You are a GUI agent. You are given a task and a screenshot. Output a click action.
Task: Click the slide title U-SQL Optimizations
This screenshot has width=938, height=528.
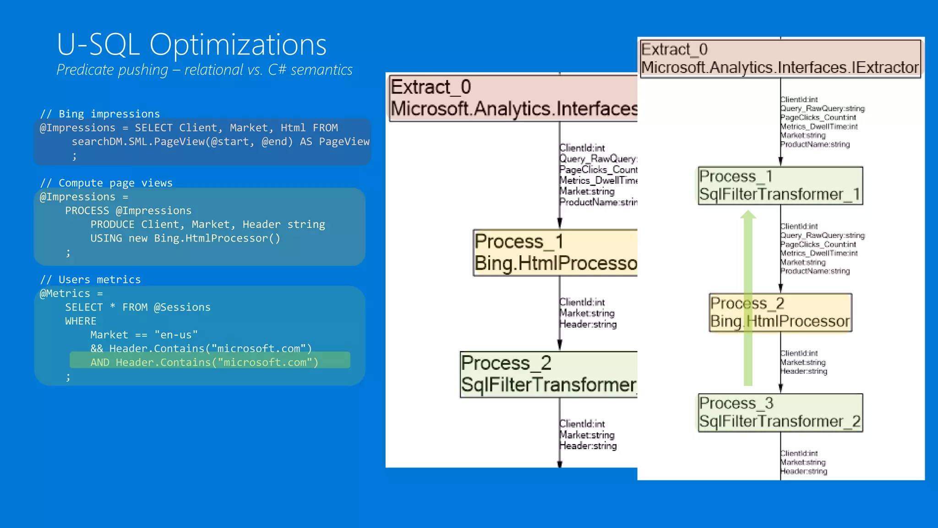191,45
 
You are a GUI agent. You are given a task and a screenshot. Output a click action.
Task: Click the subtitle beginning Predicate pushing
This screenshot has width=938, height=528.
204,70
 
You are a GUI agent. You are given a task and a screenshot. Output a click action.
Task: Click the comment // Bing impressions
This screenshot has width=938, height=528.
100,114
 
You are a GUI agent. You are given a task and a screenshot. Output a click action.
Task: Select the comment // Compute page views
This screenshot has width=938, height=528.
106,183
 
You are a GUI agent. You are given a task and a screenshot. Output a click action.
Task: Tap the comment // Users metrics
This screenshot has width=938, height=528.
90,280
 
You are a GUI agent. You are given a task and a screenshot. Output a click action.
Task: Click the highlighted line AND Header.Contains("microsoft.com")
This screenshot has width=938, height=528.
204,362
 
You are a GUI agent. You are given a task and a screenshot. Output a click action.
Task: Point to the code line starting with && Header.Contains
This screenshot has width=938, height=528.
201,348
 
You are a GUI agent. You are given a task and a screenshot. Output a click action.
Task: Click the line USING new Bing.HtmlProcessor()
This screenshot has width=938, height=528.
185,238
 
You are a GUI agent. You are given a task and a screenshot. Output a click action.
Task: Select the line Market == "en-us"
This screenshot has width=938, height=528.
144,335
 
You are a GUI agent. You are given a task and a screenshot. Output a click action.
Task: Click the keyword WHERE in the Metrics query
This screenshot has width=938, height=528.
81,321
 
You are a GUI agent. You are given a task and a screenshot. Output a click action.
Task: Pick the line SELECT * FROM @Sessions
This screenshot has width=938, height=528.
137,307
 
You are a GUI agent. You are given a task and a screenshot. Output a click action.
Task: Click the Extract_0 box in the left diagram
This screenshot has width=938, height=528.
513,98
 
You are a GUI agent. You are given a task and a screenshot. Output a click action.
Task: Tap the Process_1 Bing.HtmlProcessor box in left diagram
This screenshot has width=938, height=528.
555,253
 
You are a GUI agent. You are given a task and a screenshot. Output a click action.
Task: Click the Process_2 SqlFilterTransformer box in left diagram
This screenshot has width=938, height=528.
549,374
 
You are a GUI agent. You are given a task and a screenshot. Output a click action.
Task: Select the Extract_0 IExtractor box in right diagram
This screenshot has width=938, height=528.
780,59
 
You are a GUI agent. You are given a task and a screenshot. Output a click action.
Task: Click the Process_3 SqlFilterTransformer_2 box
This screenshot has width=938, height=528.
780,412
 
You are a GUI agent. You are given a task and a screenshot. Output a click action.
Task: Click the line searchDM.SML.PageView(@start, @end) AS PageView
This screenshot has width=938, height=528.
220,142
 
